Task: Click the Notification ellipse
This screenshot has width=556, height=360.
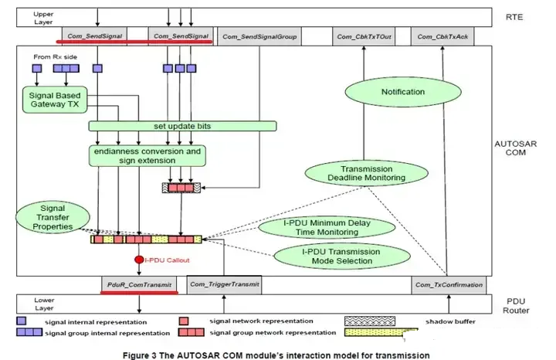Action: [403, 93]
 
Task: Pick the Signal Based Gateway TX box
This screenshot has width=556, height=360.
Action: [55, 100]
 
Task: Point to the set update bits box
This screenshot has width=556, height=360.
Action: [182, 125]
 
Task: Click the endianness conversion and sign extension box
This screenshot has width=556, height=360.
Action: [147, 155]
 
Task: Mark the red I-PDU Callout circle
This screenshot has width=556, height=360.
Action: [139, 260]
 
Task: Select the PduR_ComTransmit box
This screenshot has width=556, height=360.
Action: [140, 285]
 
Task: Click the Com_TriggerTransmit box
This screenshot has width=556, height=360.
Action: [224, 285]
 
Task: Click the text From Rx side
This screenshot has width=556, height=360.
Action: [51, 57]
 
